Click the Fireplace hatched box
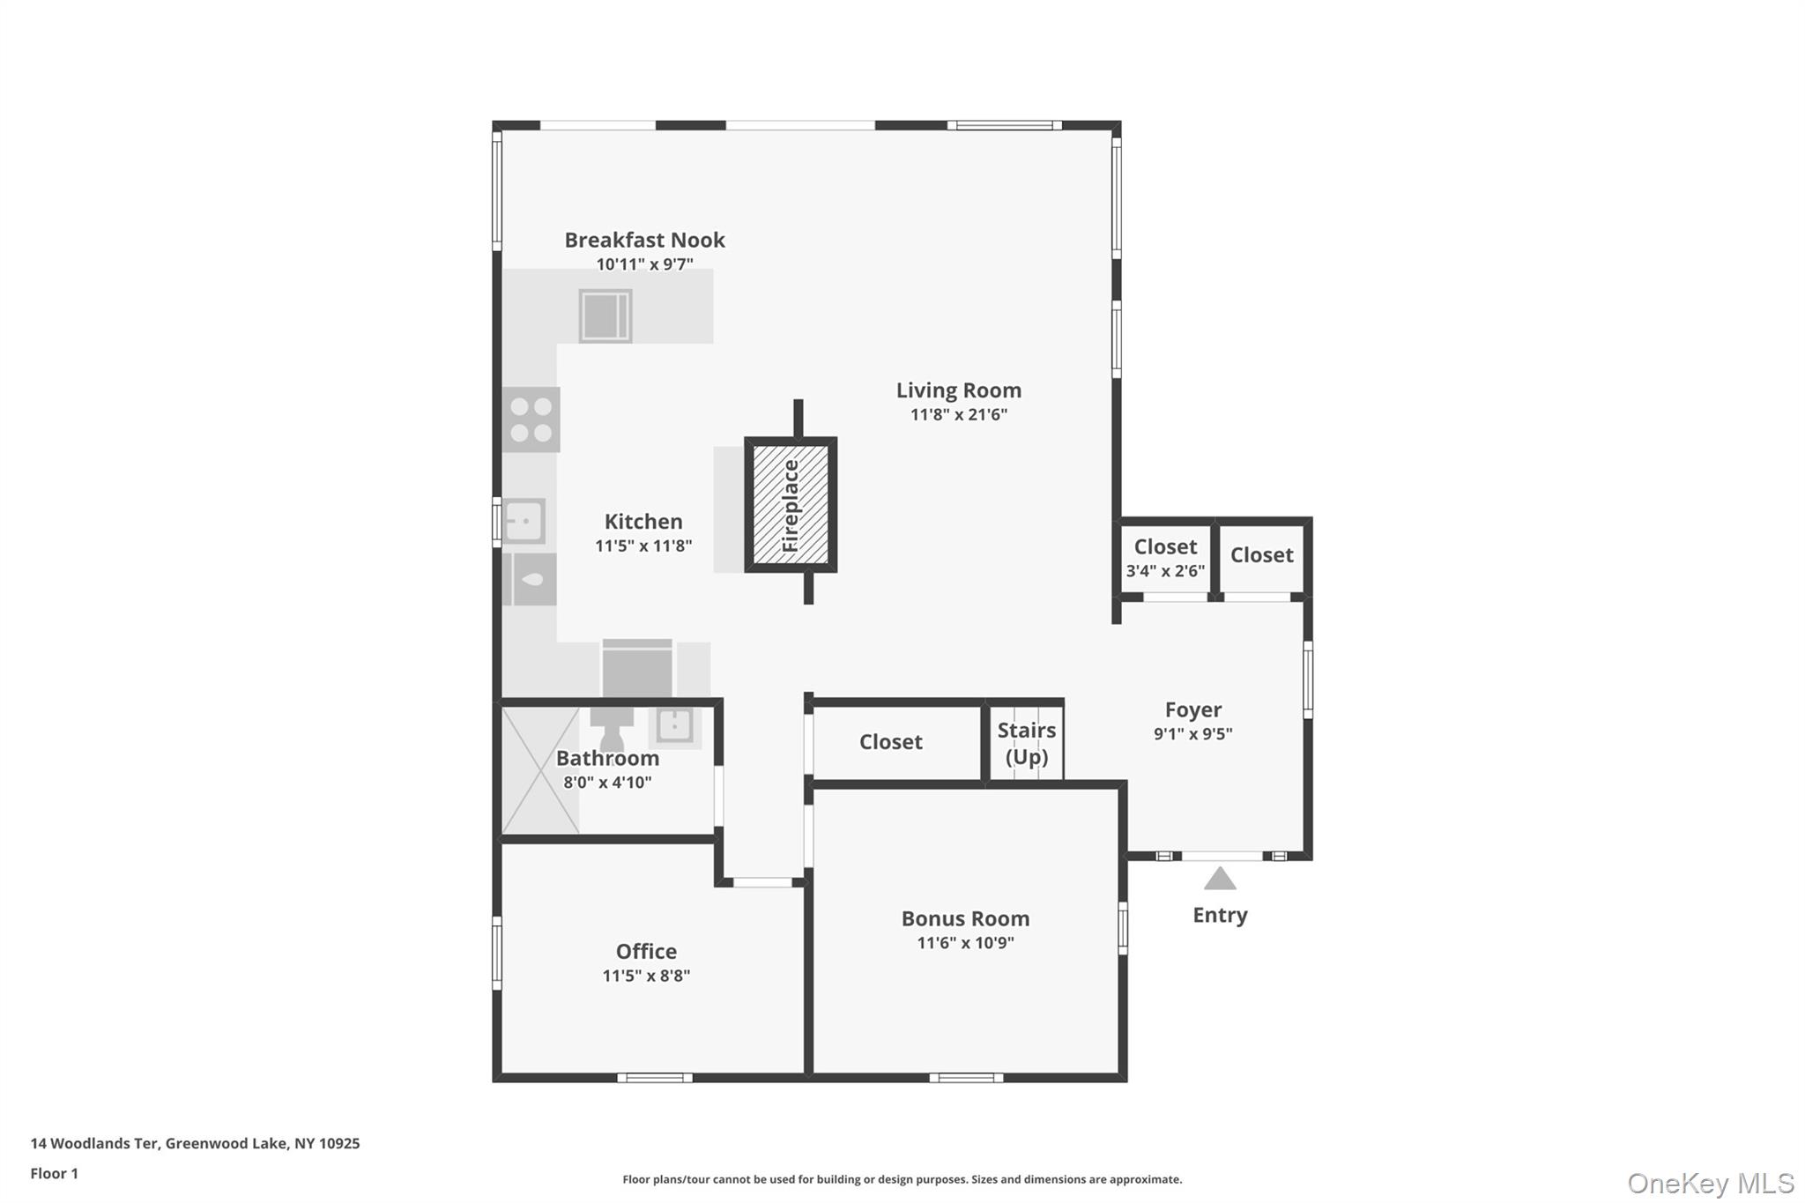791,505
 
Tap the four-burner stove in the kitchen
531,420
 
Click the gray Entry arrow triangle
1220,880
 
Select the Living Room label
958,390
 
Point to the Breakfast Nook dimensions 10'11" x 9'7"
644,264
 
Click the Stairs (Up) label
1026,743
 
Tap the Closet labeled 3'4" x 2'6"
1165,558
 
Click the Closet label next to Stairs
890,742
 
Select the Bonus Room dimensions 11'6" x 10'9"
965,943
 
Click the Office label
646,951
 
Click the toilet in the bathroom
611,730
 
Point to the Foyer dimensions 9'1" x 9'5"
1192,733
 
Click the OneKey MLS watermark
1710,1183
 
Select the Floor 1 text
55,1173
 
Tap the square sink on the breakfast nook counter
605,315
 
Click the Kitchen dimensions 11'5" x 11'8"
643,546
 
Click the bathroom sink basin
675,725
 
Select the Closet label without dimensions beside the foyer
1261,555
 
